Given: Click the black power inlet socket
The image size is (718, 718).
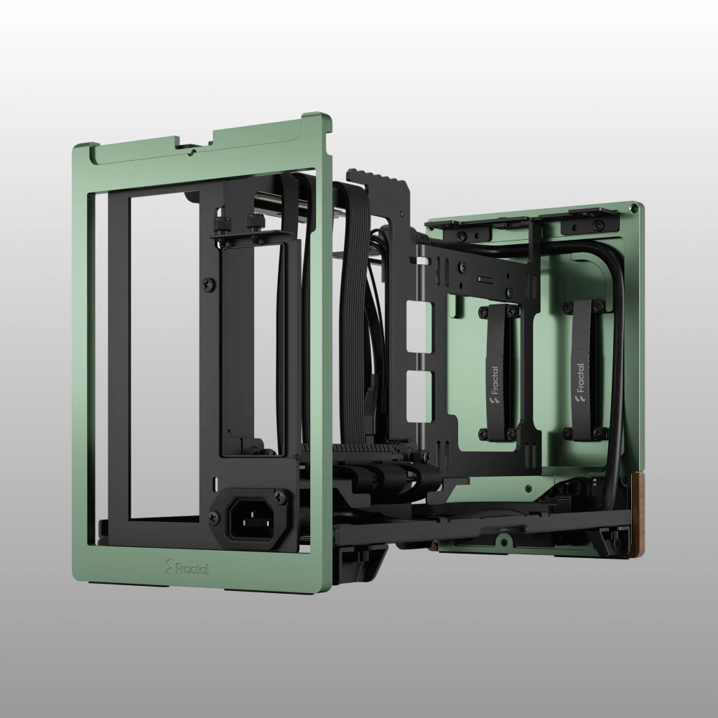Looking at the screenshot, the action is [249, 518].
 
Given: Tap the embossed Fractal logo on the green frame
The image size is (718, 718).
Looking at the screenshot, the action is [187, 567].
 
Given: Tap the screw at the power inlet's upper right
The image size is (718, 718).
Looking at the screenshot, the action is [279, 496].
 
